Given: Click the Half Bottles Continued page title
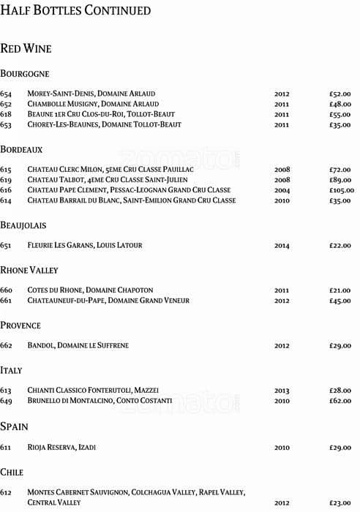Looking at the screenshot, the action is click(75, 11).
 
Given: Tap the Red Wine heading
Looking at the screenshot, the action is click(26, 48).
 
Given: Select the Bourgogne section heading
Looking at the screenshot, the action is click(25, 74).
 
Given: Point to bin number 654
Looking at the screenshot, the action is click(6, 94).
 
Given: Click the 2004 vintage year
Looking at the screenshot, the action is click(282, 190).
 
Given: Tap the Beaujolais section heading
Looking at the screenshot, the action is click(23, 225).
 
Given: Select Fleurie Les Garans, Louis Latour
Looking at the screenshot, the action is click(85, 246).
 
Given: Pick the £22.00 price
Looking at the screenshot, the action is click(340, 246).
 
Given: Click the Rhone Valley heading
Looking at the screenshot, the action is click(29, 271).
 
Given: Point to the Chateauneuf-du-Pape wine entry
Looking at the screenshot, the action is click(108, 301).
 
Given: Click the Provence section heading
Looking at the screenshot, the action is click(20, 325).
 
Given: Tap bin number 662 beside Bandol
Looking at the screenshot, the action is click(6, 346).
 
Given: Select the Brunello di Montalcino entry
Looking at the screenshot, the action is click(100, 401).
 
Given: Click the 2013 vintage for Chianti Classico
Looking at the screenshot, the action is click(282, 391).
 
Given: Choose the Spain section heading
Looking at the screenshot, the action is click(14, 426).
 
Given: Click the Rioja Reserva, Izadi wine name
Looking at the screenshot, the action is click(61, 447).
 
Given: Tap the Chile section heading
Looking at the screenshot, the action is click(12, 473).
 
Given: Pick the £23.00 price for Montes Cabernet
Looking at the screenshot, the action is click(340, 503).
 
